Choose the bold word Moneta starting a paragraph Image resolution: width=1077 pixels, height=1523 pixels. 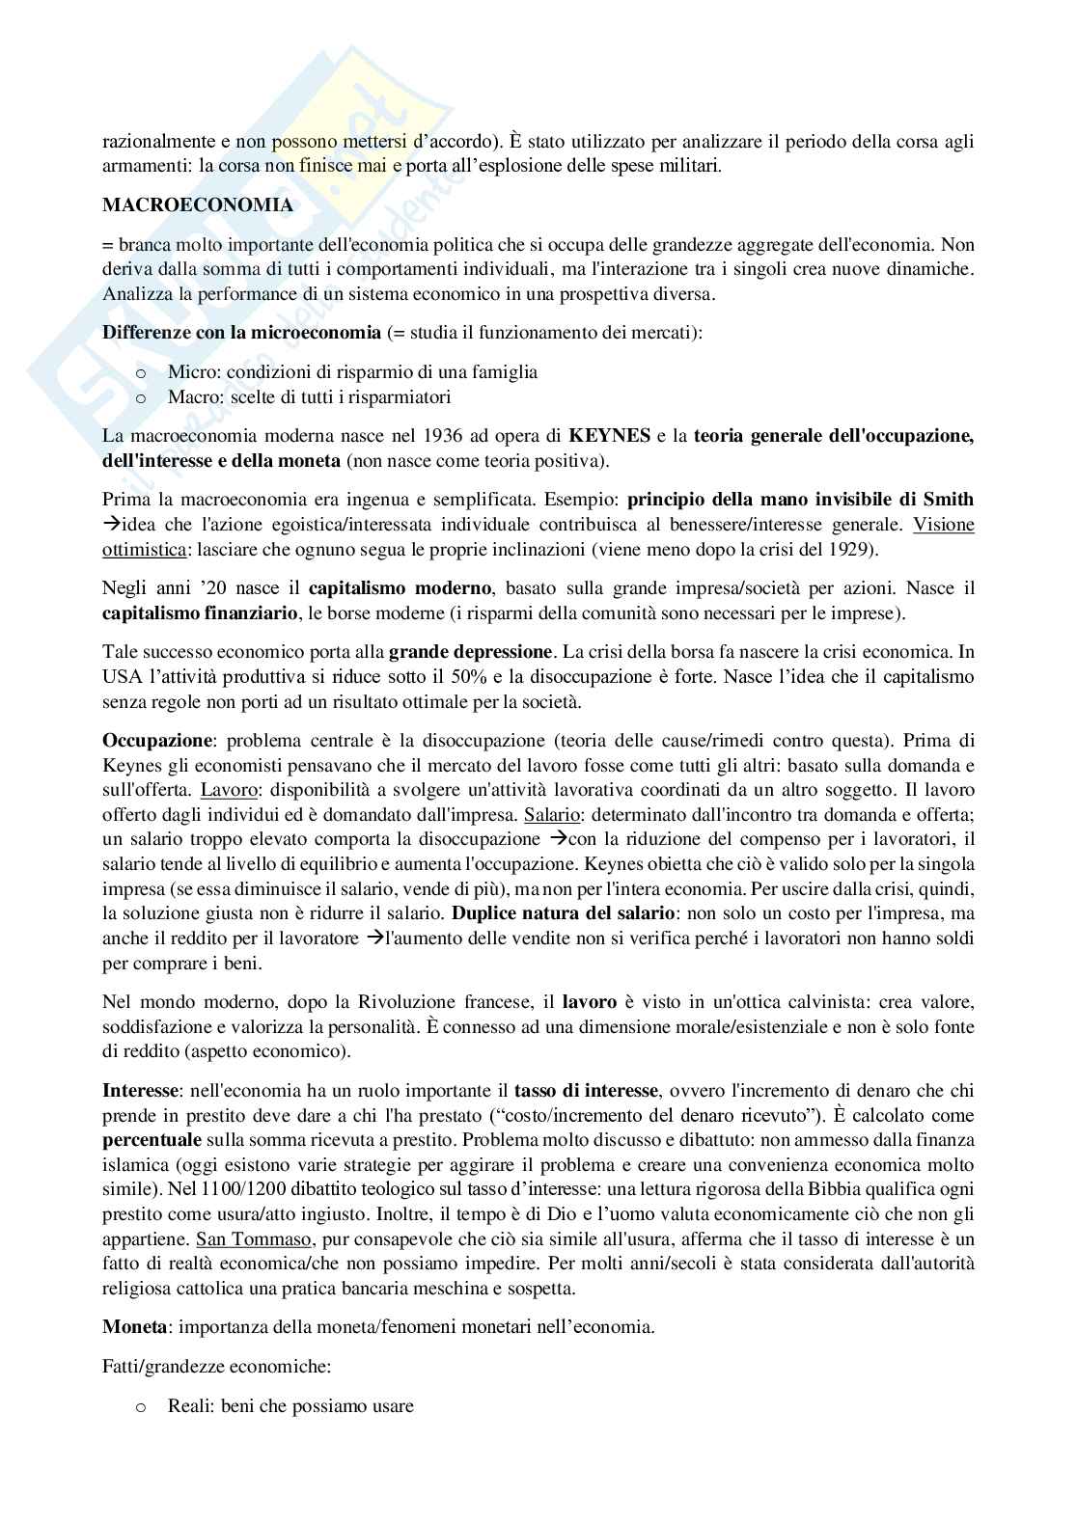134,1327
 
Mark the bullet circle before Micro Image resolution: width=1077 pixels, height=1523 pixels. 141,371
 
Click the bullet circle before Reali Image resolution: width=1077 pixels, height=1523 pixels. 141,1406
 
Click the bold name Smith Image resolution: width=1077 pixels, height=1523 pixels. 948,500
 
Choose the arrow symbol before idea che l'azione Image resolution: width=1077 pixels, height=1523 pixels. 110,525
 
